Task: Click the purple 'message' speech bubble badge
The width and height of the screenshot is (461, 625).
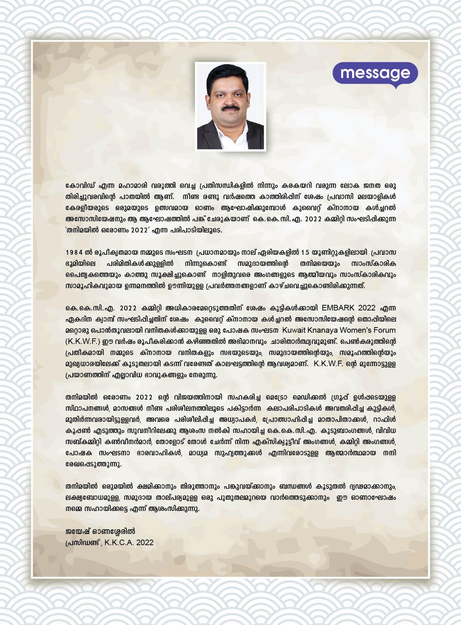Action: (x=375, y=73)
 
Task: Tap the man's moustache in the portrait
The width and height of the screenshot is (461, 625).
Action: (x=230, y=108)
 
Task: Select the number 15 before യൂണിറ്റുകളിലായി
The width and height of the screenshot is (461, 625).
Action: (x=305, y=253)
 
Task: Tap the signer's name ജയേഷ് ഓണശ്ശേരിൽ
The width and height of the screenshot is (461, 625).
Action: (x=100, y=531)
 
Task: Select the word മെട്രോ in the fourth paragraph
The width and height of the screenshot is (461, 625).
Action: (x=276, y=397)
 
